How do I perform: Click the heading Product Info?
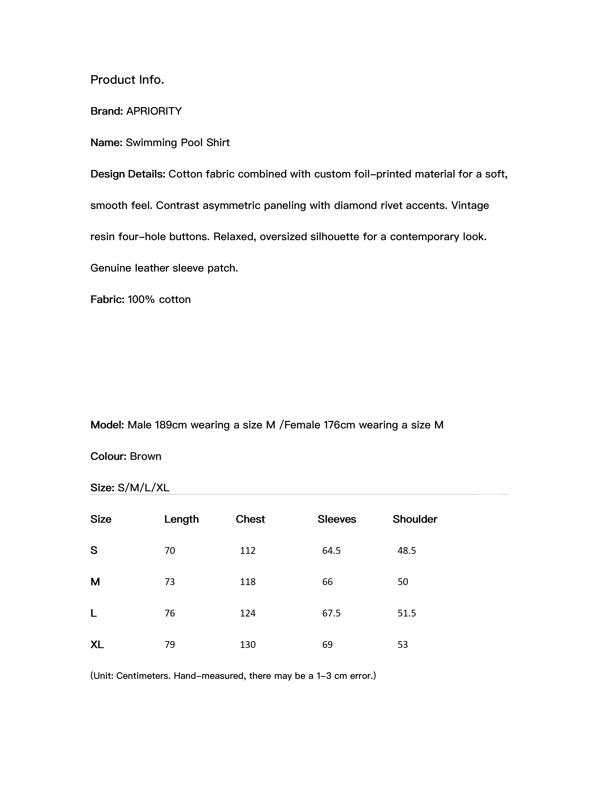(127, 80)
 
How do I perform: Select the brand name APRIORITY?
(154, 111)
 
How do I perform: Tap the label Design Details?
(128, 174)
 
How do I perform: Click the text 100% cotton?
(159, 299)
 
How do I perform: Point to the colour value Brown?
(146, 456)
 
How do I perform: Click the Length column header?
(181, 519)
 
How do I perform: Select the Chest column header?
(250, 519)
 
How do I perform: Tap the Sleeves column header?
(337, 519)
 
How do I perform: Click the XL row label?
(97, 645)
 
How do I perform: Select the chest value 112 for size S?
(248, 551)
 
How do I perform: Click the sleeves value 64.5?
(331, 551)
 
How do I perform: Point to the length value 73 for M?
(170, 582)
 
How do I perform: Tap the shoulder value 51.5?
(407, 613)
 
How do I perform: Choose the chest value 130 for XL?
(248, 645)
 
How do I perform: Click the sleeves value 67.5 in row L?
(331, 613)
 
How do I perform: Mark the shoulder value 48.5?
(407, 551)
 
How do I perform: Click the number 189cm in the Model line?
(171, 425)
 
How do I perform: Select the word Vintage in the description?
(470, 205)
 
